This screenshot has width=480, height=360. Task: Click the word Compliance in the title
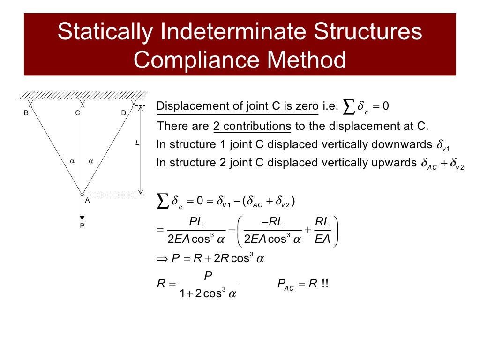191,60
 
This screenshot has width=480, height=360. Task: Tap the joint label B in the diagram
26,113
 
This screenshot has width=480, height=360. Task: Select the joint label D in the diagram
124,113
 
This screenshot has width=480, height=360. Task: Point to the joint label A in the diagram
87,200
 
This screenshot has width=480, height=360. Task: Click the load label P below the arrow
82,225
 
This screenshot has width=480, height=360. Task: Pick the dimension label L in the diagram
137,142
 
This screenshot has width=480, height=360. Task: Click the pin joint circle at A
82,194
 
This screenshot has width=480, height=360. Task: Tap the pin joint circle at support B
30,106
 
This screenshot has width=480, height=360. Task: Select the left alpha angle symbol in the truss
72,161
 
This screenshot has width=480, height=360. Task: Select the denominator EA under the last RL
323,240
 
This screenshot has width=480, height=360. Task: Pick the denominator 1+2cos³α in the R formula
208,294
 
